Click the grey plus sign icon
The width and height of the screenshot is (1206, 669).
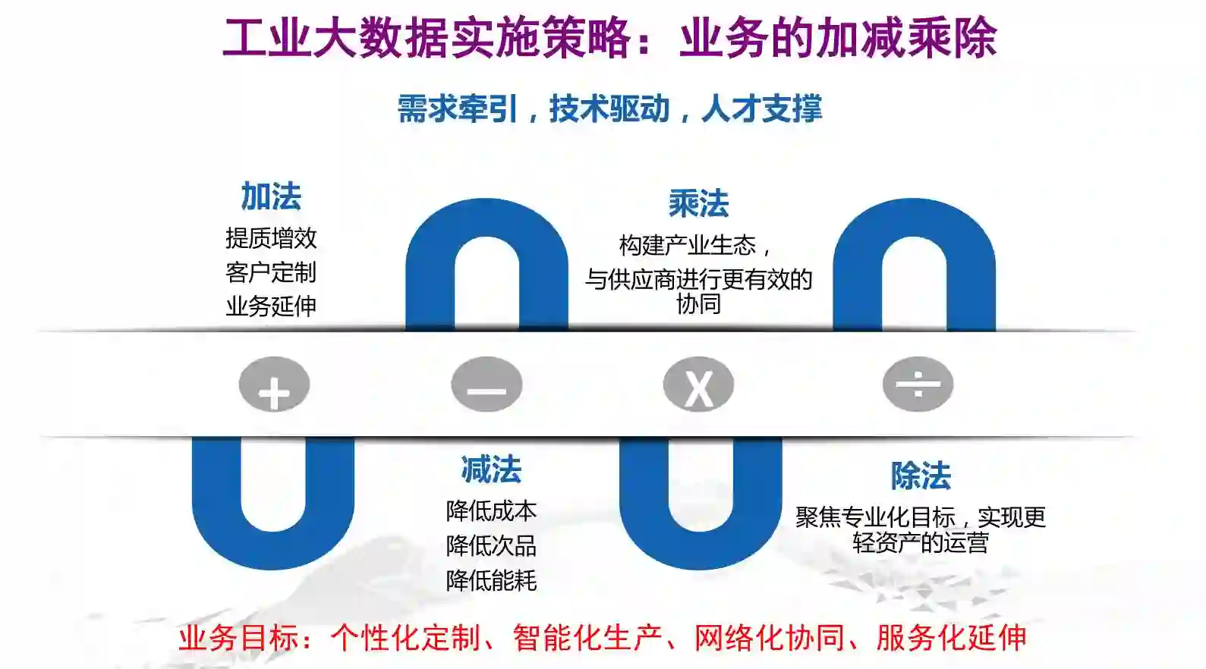pyautogui.click(x=274, y=385)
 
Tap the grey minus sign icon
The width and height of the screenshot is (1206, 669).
pyautogui.click(x=486, y=385)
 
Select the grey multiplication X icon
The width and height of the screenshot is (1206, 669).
pyautogui.click(x=698, y=385)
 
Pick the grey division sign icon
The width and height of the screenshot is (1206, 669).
pyautogui.click(x=918, y=385)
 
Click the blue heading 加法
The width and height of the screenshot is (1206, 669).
pyautogui.click(x=271, y=196)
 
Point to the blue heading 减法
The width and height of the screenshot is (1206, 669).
pyautogui.click(x=491, y=470)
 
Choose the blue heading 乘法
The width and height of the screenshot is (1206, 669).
pyautogui.click(x=698, y=203)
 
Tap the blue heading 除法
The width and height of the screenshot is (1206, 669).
pyautogui.click(x=921, y=476)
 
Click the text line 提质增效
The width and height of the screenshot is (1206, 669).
pyautogui.click(x=271, y=238)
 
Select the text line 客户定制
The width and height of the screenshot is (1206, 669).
pyautogui.click(x=271, y=272)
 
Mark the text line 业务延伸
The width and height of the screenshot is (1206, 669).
pyautogui.click(x=271, y=306)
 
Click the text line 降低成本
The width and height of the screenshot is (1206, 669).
pyautogui.click(x=491, y=511)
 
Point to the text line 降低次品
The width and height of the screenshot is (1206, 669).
pyautogui.click(x=491, y=545)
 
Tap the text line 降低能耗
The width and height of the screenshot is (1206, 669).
pyautogui.click(x=491, y=580)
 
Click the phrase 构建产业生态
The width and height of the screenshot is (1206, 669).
pyautogui.click(x=688, y=245)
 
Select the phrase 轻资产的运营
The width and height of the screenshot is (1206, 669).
pyautogui.click(x=921, y=543)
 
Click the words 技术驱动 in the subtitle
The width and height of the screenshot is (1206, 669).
pyautogui.click(x=609, y=108)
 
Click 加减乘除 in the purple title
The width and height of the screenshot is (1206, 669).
pyautogui.click(x=906, y=38)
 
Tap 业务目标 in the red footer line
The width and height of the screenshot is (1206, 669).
pyautogui.click(x=239, y=638)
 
